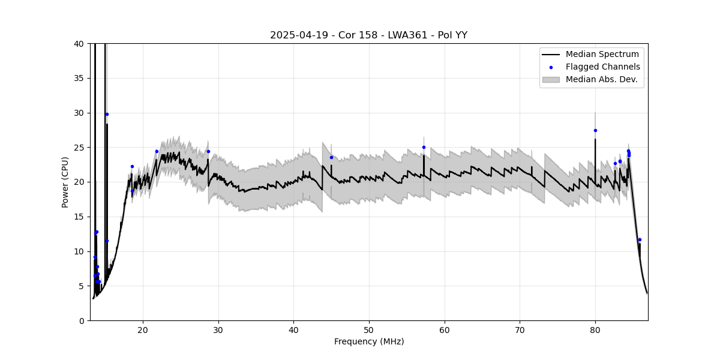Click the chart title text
368,35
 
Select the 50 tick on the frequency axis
369,331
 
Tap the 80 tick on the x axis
595,331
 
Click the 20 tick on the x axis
143,331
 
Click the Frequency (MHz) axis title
368,342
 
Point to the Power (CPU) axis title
65,182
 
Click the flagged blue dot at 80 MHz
595,130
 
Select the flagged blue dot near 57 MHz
424,147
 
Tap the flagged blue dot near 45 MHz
331,157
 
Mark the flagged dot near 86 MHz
640,239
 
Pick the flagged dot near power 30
107,114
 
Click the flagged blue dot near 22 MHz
157,151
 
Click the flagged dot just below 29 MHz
208,151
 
